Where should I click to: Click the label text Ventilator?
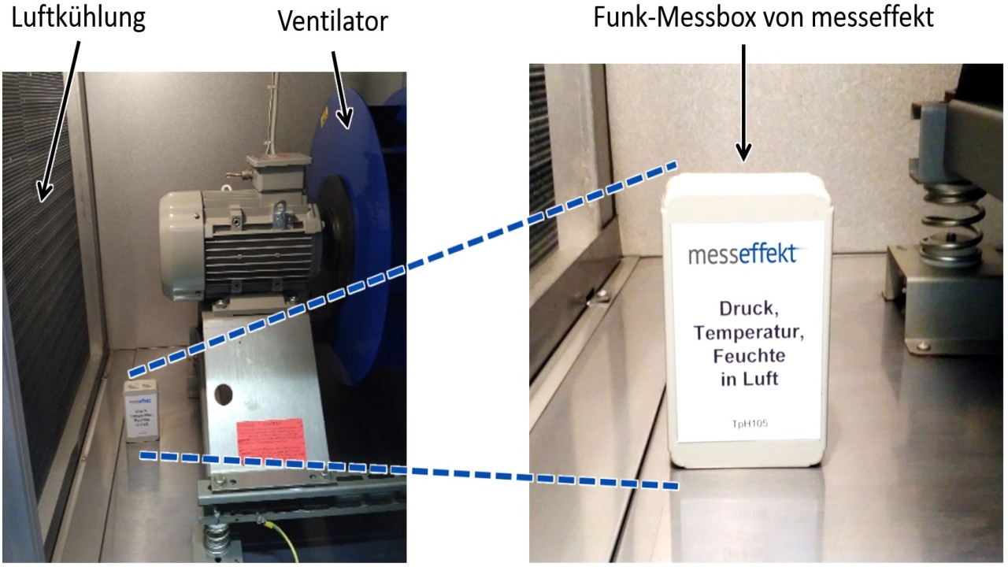click(333, 21)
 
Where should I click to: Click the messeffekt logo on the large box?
click(742, 255)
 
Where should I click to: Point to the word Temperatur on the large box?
click(747, 332)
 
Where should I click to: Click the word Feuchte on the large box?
click(749, 355)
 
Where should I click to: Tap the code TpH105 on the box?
click(749, 424)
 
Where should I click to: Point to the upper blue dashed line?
click(402, 268)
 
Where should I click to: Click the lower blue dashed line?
click(409, 470)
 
